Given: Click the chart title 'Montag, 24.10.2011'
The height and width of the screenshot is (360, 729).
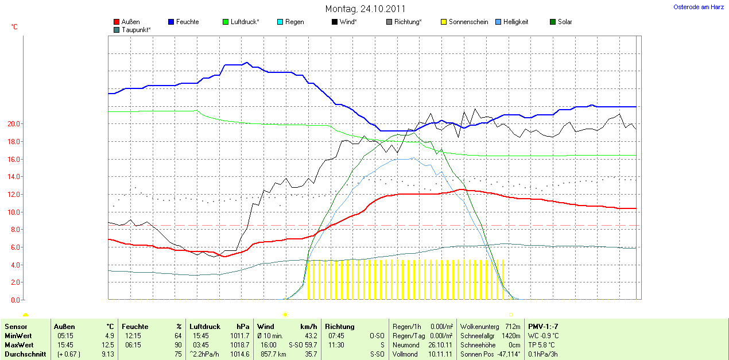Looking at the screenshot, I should (365, 9).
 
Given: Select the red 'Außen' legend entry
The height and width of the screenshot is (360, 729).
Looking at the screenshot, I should (130, 22).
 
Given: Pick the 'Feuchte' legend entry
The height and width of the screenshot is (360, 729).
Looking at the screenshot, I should (187, 22).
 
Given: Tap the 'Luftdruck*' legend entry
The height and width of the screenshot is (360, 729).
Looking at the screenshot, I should (245, 22).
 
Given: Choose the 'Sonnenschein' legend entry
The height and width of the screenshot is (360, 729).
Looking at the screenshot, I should (468, 22).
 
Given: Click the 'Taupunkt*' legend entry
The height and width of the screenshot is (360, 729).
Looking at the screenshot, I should (136, 29).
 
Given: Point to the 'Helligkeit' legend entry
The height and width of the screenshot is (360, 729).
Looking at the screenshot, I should (515, 22).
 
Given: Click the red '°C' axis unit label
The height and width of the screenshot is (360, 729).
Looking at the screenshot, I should (14, 27).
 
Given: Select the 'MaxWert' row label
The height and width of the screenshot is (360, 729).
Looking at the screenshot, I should (18, 344).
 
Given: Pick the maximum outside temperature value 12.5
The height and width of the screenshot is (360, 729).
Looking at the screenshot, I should (109, 344).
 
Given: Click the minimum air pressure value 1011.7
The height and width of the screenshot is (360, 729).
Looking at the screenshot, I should (239, 335).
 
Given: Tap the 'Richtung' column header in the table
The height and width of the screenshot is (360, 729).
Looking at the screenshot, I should (339, 326).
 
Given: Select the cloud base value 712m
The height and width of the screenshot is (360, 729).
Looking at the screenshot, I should (513, 326).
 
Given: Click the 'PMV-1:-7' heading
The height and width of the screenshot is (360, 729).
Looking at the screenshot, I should (543, 326).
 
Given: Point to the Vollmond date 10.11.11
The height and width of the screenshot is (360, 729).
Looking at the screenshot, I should (440, 354).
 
